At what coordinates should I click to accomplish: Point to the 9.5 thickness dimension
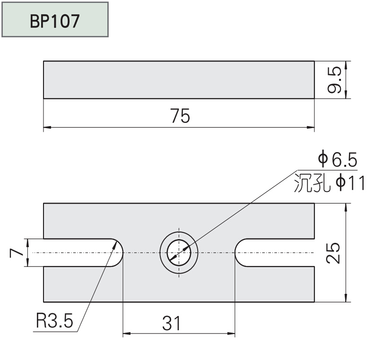tap(335, 80)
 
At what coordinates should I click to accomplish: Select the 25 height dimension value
tap(334, 253)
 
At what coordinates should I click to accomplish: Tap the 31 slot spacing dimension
tap(172, 324)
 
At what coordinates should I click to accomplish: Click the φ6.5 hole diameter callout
tap(337, 160)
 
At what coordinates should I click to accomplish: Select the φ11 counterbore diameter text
tap(350, 183)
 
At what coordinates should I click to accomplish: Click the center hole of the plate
tap(179, 253)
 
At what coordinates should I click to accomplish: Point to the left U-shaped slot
tap(80, 253)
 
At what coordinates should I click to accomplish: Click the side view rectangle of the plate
tap(179, 80)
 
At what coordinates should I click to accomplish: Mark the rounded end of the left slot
tap(118, 253)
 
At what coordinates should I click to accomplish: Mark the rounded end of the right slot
tap(239, 253)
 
